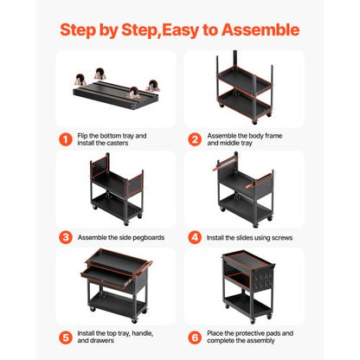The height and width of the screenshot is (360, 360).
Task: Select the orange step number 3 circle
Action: coord(65,236)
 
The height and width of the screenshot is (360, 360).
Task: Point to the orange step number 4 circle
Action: coord(195,236)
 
